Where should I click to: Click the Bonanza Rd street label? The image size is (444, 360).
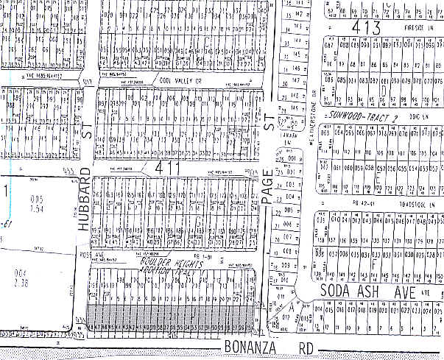pos(261,347)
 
